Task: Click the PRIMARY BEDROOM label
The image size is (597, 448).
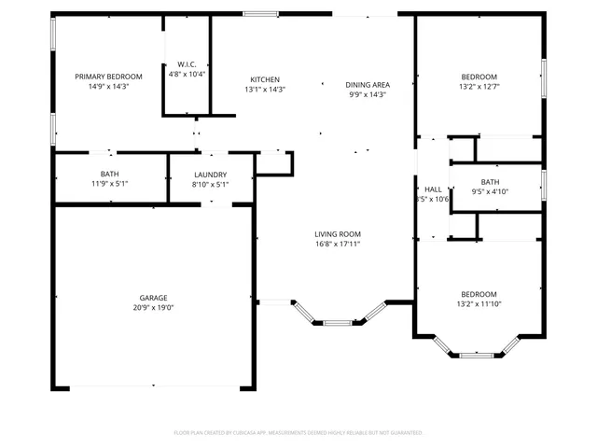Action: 108,76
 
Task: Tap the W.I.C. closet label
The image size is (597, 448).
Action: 187,63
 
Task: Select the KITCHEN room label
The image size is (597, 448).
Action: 265,79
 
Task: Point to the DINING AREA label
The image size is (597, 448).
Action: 368,84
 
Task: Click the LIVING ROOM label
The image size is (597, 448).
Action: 337,234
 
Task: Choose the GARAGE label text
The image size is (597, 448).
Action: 154,298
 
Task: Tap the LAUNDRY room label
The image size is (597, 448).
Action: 211,175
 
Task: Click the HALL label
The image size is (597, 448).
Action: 433,189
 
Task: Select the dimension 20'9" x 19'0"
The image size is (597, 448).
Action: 154,308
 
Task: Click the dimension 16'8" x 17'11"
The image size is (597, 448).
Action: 337,245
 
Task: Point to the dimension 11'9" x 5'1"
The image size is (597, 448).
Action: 109,185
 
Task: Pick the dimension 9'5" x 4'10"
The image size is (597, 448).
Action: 490,192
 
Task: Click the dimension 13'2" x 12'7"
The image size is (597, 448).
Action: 478,87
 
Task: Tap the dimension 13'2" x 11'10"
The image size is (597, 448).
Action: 478,304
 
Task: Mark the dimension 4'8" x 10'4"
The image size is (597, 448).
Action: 187,74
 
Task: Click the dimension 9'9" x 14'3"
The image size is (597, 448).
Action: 368,94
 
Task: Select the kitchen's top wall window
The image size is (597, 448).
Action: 260,14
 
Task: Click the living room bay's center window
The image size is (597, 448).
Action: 338,323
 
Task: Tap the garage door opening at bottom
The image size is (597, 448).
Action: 154,387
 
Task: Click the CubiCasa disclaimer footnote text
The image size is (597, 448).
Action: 298,433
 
